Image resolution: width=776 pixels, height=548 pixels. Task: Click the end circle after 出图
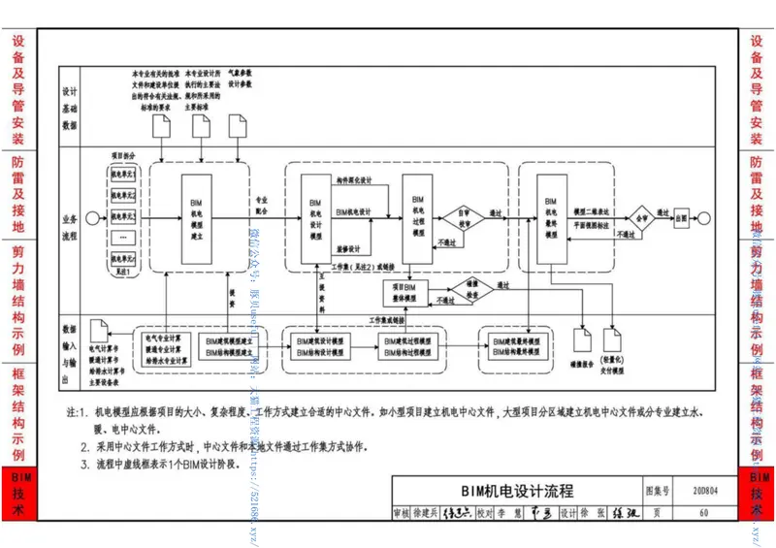[x=711, y=217]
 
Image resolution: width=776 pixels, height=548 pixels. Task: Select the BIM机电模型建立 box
[x=198, y=215]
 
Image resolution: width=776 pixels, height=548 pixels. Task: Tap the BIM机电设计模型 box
[x=315, y=215]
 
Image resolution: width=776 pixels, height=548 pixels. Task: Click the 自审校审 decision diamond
[x=465, y=217]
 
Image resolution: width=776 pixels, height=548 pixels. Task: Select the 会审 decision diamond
[x=640, y=217]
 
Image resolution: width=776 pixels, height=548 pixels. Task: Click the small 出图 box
[x=683, y=217]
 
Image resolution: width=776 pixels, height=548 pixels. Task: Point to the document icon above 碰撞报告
[x=582, y=338]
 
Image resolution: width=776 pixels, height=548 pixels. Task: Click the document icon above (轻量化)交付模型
[x=612, y=338]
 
